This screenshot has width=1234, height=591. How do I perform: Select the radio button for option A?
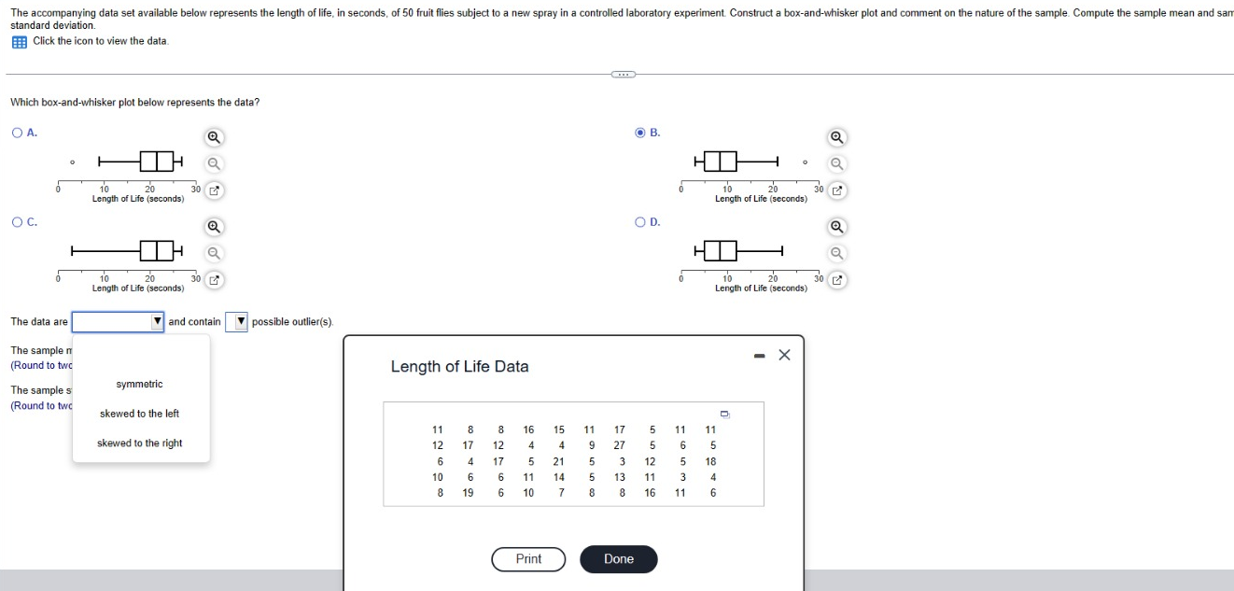pyautogui.click(x=18, y=133)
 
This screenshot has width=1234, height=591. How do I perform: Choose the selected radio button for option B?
pyautogui.click(x=640, y=133)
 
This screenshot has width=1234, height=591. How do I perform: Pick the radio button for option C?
pyautogui.click(x=18, y=222)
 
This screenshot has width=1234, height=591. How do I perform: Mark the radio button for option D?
pyautogui.click(x=640, y=222)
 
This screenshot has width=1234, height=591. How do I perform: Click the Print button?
pyautogui.click(x=528, y=559)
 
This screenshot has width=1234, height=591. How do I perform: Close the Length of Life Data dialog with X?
pyautogui.click(x=784, y=355)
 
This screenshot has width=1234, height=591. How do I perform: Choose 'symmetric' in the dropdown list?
pyautogui.click(x=139, y=384)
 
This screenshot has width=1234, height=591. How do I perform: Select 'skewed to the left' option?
pyautogui.click(x=139, y=414)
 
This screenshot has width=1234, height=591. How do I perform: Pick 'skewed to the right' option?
pyautogui.click(x=139, y=443)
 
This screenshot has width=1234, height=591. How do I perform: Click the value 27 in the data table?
pyautogui.click(x=619, y=445)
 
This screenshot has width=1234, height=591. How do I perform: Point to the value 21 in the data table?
pyautogui.click(x=558, y=461)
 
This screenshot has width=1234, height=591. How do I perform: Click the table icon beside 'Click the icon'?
pyautogui.click(x=19, y=41)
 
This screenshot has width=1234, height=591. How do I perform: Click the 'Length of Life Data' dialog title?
pyautogui.click(x=459, y=367)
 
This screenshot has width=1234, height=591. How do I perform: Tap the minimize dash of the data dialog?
pyautogui.click(x=757, y=355)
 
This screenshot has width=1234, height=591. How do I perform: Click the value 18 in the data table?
pyautogui.click(x=710, y=461)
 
